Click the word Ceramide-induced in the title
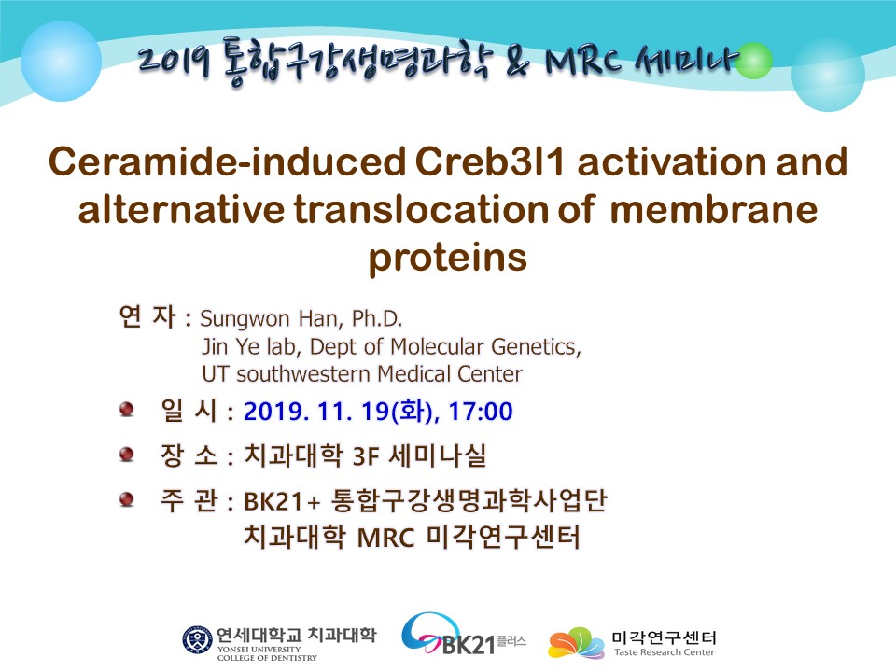pyautogui.click(x=228, y=161)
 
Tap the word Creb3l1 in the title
pyautogui.click(x=490, y=161)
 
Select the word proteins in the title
pyautogui.click(x=447, y=259)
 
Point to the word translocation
pyautogui.click(x=421, y=209)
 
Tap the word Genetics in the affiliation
pyautogui.click(x=536, y=347)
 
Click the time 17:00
pyautogui.click(x=481, y=412)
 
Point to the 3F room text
pyautogui.click(x=366, y=456)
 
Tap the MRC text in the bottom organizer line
pyautogui.click(x=385, y=539)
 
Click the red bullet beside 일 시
pyautogui.click(x=126, y=409)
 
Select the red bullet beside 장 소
pyautogui.click(x=126, y=455)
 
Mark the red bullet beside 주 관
pyautogui.click(x=126, y=498)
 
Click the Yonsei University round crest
pyautogui.click(x=197, y=640)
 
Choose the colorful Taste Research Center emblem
pyautogui.click(x=576, y=643)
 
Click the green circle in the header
pyautogui.click(x=753, y=60)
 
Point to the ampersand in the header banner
pyautogui.click(x=518, y=62)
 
